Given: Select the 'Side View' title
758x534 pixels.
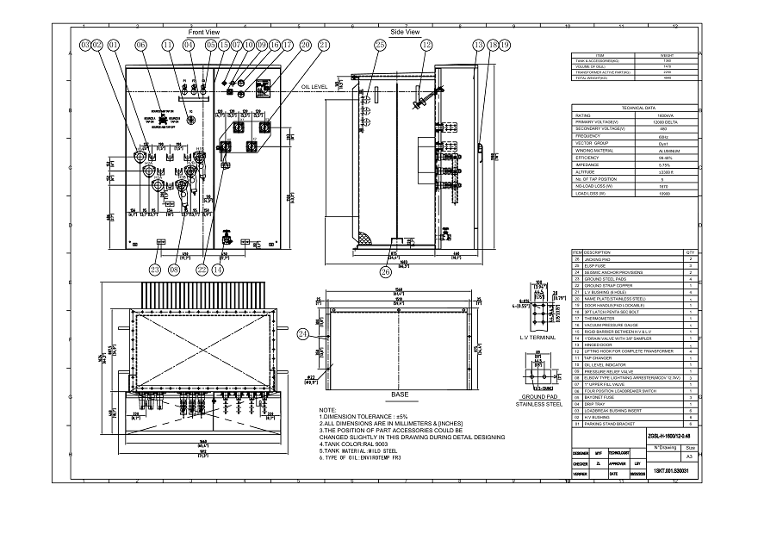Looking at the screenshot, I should pyautogui.click(x=405, y=32).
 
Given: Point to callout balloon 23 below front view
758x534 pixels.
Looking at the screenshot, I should pyautogui.click(x=155, y=270).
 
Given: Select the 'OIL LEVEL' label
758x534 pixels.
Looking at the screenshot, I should pyautogui.click(x=316, y=88).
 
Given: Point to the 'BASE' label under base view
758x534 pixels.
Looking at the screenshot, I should pyautogui.click(x=400, y=394).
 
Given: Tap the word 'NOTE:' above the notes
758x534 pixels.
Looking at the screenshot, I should pyautogui.click(x=327, y=410).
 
